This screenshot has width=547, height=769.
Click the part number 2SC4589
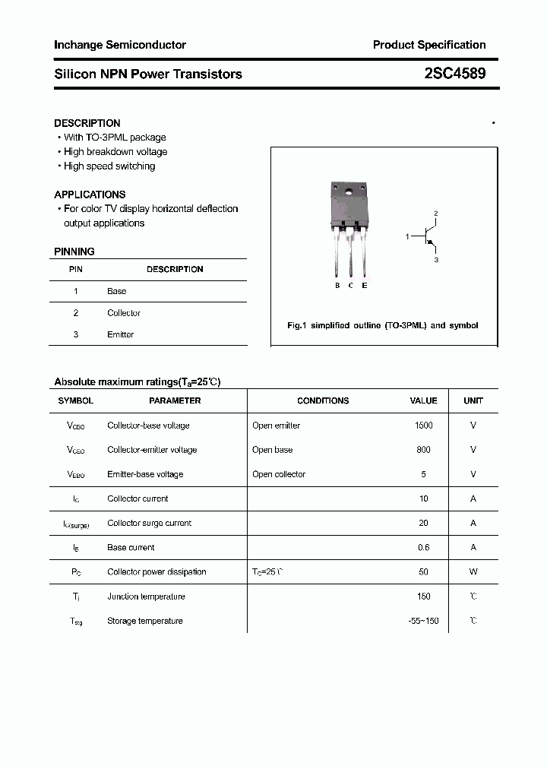pyautogui.click(x=455, y=74)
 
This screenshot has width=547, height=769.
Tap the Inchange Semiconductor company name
pyautogui.click(x=119, y=45)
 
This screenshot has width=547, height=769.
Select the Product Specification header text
pyautogui.click(x=428, y=45)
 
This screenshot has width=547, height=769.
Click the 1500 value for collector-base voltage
pyautogui.click(x=423, y=426)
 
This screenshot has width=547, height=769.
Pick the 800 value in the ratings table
pyautogui.click(x=423, y=450)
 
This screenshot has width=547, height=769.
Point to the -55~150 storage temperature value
pyautogui.click(x=423, y=621)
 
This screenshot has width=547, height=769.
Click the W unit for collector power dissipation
pyautogui.click(x=473, y=572)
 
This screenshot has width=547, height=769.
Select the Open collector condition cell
pyautogui.click(x=279, y=474)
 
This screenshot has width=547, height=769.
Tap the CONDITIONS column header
pyautogui.click(x=323, y=400)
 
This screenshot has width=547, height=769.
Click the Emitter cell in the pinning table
pyautogui.click(x=120, y=334)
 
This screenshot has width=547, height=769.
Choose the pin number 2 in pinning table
pyautogui.click(x=76, y=313)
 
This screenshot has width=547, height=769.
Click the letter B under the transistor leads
pyautogui.click(x=337, y=286)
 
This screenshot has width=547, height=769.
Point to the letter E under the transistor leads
pyautogui.click(x=365, y=286)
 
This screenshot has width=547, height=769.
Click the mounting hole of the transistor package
pyautogui.click(x=349, y=191)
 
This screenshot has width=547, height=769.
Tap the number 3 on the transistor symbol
pyautogui.click(x=436, y=260)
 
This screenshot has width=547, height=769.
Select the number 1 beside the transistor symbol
pyautogui.click(x=407, y=237)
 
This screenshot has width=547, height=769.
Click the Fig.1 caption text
pyautogui.click(x=382, y=325)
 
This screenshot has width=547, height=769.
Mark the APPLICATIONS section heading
pyautogui.click(x=90, y=195)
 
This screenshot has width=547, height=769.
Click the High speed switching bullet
pyautogui.click(x=109, y=166)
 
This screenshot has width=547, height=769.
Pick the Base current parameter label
pyautogui.click(x=131, y=548)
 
